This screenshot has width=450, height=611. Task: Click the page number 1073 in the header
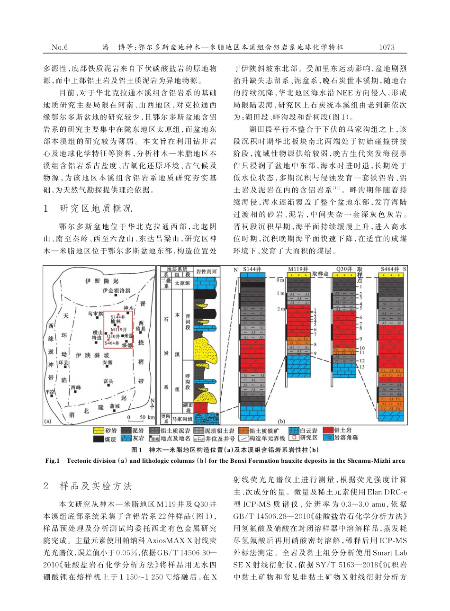coord(387,47)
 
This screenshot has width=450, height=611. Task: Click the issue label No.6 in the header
coord(60,47)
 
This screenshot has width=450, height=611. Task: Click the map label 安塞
coord(108,362)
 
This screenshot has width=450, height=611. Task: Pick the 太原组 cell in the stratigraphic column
coord(182,283)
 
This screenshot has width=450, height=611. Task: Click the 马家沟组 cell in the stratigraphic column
coord(181,418)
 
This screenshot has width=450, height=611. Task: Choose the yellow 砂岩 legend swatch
coord(98,431)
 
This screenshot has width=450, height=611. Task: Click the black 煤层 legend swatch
coord(98,439)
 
